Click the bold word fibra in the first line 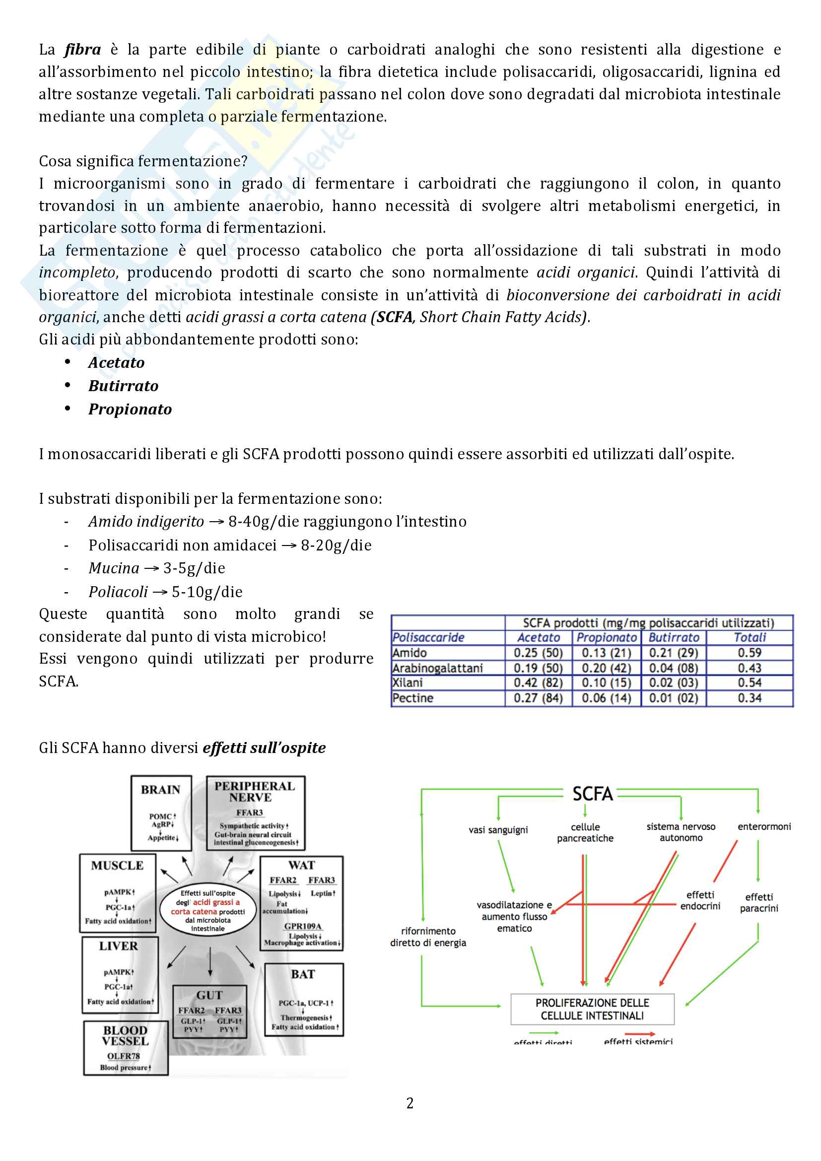tap(82, 50)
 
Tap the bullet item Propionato tap(130, 409)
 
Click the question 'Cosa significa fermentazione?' tap(143, 161)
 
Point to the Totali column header tap(749, 638)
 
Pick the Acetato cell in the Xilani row tap(538, 683)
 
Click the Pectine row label tap(412, 698)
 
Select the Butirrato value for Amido tap(674, 653)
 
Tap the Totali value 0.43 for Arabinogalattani tap(749, 668)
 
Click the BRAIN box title tap(160, 790)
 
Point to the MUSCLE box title tap(117, 866)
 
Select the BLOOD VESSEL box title tap(126, 1035)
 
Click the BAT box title tap(303, 974)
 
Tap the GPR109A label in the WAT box tap(302, 926)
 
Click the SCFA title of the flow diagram tap(593, 794)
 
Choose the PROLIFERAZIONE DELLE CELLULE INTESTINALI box tap(592, 1009)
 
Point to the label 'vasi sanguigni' tap(498, 830)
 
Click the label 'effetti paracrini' tap(759, 902)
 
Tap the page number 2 tap(410, 1103)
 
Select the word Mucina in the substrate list tap(114, 568)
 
